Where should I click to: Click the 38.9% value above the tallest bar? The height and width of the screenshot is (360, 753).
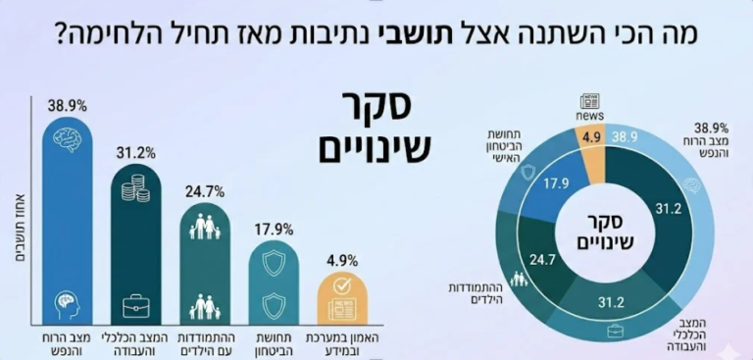tap(64, 105)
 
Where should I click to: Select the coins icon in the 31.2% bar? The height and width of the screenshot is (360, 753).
tap(134, 187)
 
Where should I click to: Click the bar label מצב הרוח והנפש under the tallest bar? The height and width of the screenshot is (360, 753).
tap(67, 340)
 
